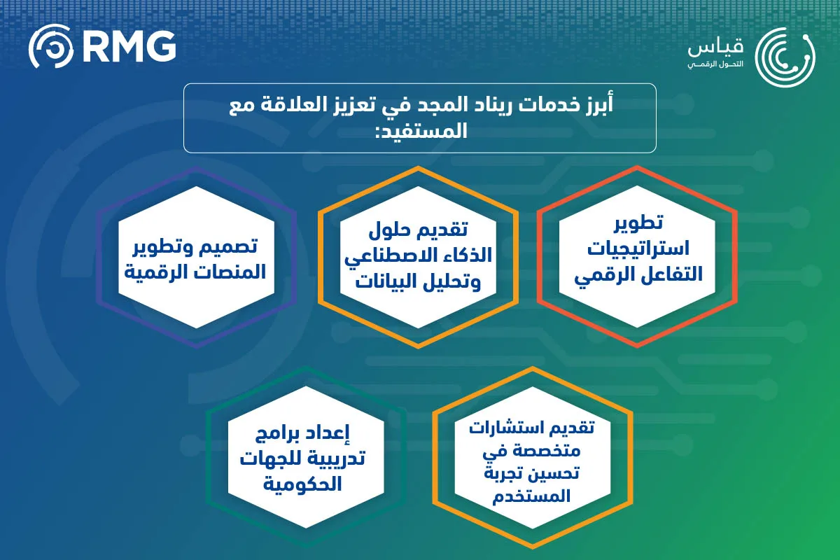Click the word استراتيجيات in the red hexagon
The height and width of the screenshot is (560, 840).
(x=636, y=248)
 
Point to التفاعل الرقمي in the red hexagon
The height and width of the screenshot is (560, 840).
(x=636, y=275)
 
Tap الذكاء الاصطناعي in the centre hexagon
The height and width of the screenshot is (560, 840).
(x=418, y=255)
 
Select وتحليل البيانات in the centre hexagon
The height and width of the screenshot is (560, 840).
(x=418, y=282)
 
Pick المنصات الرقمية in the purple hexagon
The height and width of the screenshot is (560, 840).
(x=196, y=272)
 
